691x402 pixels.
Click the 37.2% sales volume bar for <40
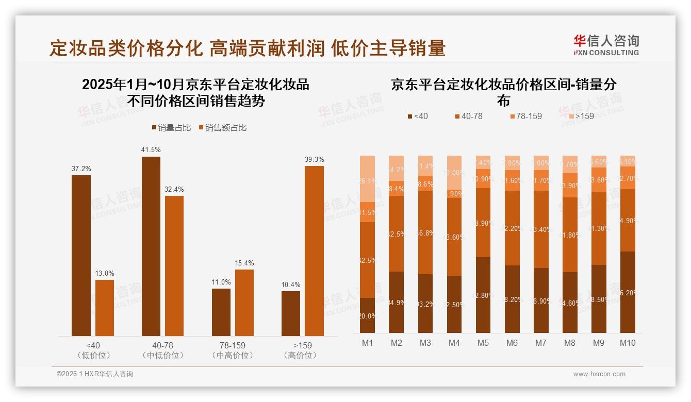81,256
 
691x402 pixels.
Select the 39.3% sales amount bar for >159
314,251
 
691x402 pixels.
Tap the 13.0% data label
105,273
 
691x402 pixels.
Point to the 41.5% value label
151,149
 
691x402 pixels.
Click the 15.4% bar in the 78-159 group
244,303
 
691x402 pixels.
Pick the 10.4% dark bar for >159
290,313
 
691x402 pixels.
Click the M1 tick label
367,343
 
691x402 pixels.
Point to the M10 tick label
628,343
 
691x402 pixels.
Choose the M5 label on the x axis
483,343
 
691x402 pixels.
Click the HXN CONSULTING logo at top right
606,45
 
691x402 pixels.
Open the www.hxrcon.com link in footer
599,374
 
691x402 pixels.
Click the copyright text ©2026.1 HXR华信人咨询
94,374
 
